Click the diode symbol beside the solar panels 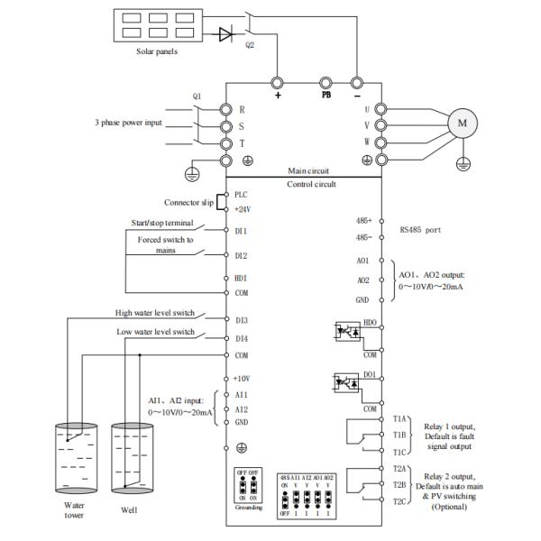[225, 34]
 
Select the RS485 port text [422, 229]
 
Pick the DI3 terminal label [241, 320]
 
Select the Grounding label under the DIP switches [248, 509]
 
